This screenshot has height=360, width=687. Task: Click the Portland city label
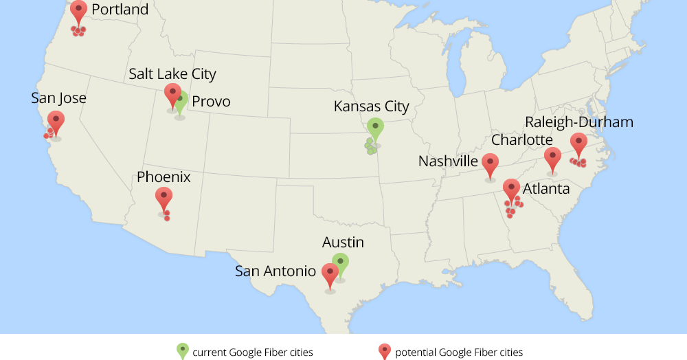click(120, 10)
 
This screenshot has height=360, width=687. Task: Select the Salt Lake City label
click(172, 74)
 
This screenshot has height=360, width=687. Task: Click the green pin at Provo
click(181, 101)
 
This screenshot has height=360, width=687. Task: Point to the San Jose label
click(59, 98)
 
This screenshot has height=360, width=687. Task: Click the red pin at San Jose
click(56, 122)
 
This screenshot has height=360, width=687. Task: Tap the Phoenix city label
click(164, 177)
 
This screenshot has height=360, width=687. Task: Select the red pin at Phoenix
click(164, 198)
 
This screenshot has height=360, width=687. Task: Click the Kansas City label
click(371, 106)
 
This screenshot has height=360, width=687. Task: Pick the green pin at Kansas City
click(375, 128)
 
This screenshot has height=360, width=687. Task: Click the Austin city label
click(343, 243)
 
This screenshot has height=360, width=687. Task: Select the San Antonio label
click(275, 271)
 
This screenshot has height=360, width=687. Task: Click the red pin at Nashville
click(490, 164)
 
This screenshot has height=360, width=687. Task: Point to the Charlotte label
click(522, 140)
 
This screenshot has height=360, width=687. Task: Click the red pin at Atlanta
click(511, 189)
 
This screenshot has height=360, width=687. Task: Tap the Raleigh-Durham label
click(579, 122)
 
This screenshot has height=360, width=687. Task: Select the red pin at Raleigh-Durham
click(578, 144)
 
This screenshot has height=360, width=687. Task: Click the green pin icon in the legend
click(182, 351)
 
